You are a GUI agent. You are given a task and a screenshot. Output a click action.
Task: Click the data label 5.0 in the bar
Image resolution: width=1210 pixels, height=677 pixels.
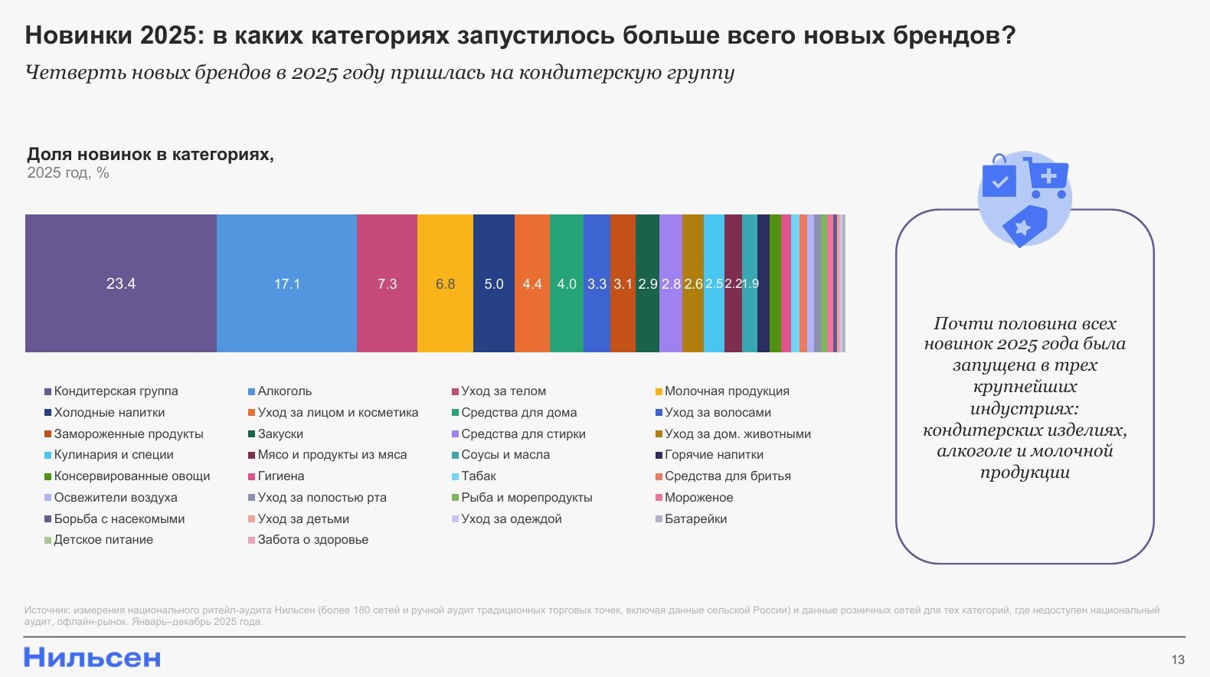tap(494, 284)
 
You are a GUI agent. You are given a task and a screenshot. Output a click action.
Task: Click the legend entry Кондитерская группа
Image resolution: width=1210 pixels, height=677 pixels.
tap(116, 391)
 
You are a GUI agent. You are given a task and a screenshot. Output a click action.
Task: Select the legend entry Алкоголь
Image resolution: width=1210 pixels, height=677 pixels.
tap(284, 391)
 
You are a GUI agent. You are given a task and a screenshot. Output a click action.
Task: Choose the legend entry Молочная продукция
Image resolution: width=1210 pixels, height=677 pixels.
tap(726, 391)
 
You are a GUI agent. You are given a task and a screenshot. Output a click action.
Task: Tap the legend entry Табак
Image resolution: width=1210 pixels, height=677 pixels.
tap(479, 476)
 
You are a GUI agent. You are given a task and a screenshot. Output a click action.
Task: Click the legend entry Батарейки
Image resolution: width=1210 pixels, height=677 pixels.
tap(695, 519)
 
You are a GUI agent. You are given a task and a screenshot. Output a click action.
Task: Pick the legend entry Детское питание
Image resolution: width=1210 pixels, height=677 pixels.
tap(103, 540)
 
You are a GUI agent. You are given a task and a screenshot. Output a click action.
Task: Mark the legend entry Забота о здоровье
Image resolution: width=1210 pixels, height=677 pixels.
tap(312, 540)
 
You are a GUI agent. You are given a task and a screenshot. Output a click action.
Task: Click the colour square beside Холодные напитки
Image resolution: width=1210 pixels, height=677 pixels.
tap(48, 413)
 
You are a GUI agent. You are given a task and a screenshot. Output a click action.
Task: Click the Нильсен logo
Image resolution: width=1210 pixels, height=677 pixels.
tap(93, 657)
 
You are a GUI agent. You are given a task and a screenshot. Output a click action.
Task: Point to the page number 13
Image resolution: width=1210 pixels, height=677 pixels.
tap(1178, 659)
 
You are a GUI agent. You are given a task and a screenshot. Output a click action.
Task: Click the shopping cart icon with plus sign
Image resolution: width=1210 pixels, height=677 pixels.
tap(1046, 178)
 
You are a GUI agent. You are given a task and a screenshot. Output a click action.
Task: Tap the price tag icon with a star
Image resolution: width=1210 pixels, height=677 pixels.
tap(1024, 226)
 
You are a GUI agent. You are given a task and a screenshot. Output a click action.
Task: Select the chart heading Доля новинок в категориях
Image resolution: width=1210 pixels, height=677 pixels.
tap(150, 155)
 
